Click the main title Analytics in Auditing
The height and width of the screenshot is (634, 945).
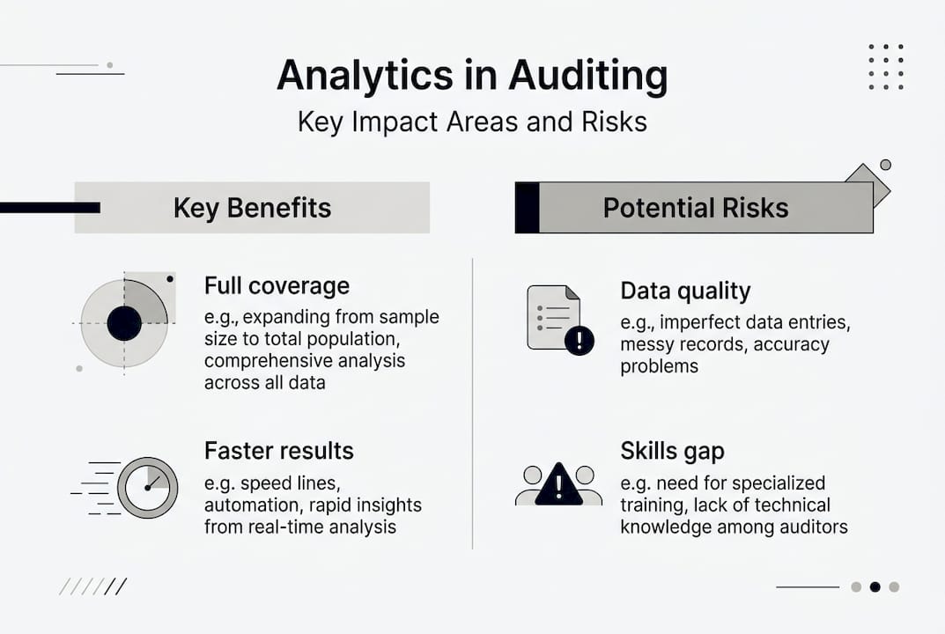click(472, 77)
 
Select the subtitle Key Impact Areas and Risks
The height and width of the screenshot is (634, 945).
click(472, 122)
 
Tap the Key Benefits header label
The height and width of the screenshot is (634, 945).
click(252, 208)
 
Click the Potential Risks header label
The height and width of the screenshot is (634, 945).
click(696, 208)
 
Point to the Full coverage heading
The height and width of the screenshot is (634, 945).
click(277, 286)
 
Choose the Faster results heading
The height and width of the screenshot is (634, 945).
click(279, 451)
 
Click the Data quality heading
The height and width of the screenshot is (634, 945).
click(685, 291)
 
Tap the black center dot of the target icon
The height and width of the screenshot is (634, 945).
click(124, 323)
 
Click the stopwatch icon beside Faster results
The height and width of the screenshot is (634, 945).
click(147, 487)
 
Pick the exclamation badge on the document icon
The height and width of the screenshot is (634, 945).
click(580, 340)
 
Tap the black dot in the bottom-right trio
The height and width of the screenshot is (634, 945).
click(875, 586)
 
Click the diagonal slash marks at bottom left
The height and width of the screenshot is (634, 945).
click(93, 586)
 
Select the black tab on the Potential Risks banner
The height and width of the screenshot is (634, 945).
click(527, 208)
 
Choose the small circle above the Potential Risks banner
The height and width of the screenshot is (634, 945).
click(885, 165)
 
